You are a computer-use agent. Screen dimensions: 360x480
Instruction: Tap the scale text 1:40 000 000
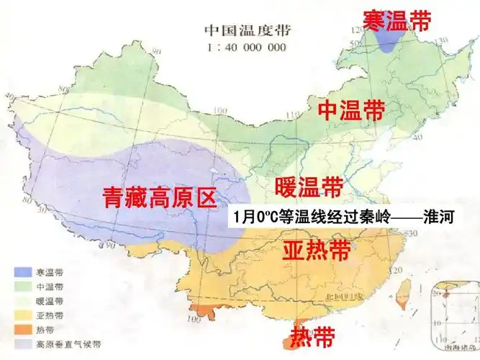point(246,48)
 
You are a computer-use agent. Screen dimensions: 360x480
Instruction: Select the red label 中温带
point(351,110)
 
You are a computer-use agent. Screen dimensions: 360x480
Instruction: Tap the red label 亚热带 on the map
point(316,251)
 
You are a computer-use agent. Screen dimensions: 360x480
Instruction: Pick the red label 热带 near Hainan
point(312,335)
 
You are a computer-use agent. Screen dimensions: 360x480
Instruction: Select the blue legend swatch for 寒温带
point(24,273)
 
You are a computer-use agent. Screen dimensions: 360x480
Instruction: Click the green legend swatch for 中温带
point(24,287)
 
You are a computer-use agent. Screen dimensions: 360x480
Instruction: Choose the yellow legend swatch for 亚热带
point(24,315)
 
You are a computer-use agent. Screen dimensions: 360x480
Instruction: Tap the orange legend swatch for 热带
point(24,329)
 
